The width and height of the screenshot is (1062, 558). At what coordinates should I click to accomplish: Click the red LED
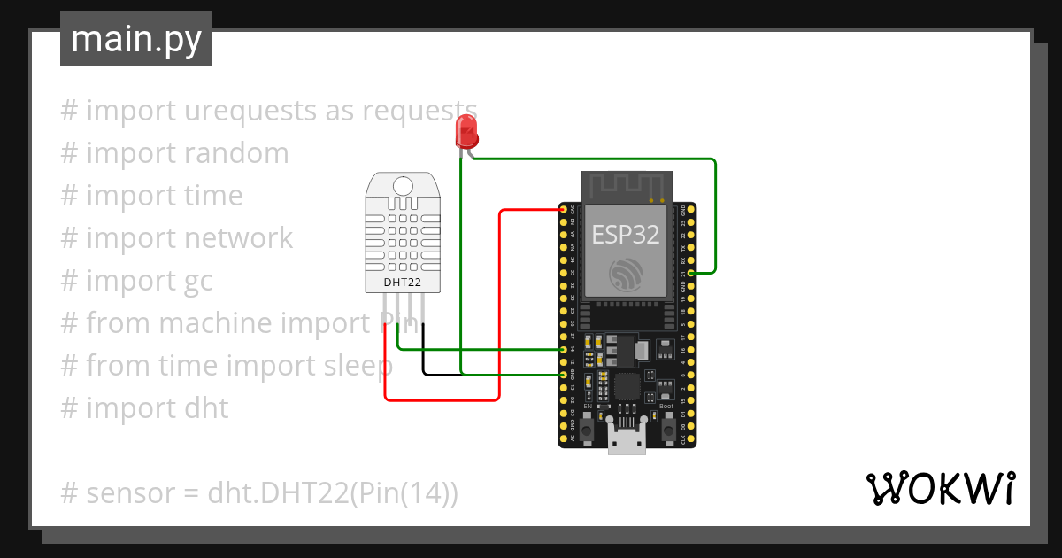(x=466, y=133)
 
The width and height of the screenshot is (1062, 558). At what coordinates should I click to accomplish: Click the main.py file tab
(x=136, y=40)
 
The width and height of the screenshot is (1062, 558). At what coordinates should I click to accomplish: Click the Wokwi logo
(x=940, y=488)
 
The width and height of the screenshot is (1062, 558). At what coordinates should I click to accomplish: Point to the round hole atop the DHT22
(x=403, y=186)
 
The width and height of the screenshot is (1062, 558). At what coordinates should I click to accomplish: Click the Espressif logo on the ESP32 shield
(x=627, y=275)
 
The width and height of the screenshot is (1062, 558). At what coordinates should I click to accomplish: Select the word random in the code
(x=236, y=153)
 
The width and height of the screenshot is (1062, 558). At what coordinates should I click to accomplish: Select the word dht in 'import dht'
(x=205, y=408)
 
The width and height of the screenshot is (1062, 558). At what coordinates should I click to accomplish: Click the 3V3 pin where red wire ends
(x=564, y=209)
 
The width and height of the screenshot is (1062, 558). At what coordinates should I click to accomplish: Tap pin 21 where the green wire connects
(x=690, y=274)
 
